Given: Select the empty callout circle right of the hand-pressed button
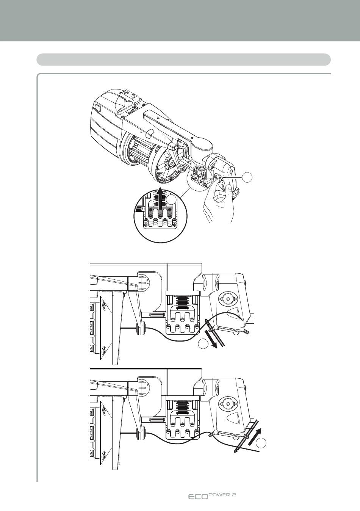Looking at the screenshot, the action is coord(247,178).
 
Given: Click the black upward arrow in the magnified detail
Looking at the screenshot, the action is coord(161,198).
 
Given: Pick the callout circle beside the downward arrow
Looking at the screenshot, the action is coord(203,344).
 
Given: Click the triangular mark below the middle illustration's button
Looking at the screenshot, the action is coord(233,312).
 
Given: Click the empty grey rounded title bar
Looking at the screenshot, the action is coord(183,60).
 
